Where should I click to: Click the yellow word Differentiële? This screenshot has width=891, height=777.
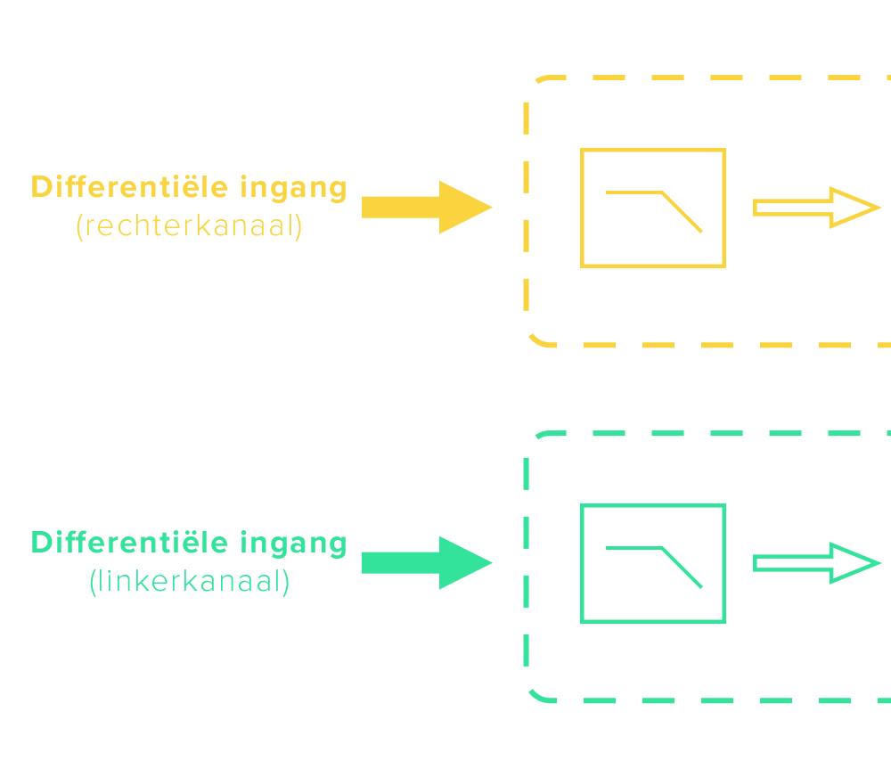[129, 187]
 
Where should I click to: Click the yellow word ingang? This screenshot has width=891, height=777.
[293, 188]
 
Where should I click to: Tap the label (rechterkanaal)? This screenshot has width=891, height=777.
[189, 226]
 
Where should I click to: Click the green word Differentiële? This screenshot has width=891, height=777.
[129, 543]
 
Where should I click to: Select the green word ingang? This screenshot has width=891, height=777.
[293, 544]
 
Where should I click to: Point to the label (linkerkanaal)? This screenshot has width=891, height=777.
[189, 582]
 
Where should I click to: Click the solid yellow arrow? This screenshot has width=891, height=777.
[427, 208]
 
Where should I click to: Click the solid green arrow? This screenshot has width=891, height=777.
[427, 563]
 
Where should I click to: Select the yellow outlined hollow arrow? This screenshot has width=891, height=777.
[816, 208]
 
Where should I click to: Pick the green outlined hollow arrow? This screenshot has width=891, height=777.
[816, 563]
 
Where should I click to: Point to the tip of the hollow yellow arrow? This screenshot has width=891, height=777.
[879, 208]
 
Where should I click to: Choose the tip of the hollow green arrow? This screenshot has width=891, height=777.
[879, 563]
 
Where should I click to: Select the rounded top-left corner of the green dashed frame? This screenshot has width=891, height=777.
[540, 436]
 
